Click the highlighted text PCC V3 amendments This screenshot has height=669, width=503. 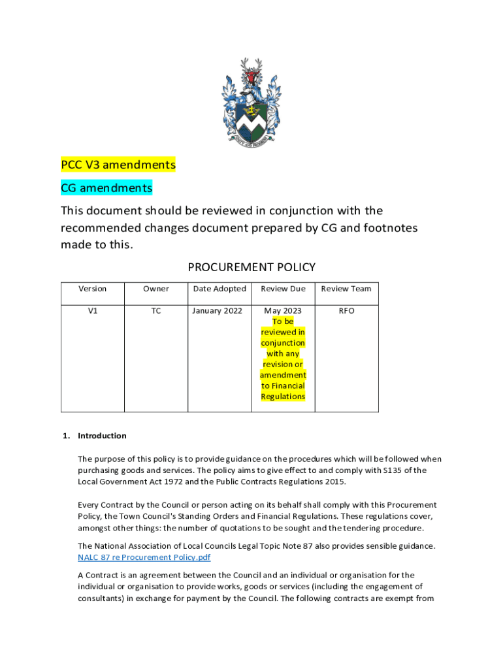118,165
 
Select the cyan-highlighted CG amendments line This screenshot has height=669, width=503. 106,188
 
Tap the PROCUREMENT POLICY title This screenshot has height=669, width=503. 252,267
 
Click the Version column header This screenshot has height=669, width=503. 92,289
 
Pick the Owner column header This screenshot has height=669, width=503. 156,289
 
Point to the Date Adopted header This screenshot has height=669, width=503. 219,289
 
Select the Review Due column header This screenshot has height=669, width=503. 283,289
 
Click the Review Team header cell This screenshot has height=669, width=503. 346,289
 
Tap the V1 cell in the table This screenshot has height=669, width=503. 92,311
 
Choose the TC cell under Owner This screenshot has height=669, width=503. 156,311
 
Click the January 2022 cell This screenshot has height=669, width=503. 219,311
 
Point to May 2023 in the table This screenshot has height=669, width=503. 283,311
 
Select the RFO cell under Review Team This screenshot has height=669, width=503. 346,311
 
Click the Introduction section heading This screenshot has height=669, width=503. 102,436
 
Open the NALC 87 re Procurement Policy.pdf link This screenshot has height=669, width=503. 144,557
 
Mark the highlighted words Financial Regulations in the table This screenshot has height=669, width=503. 283,391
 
